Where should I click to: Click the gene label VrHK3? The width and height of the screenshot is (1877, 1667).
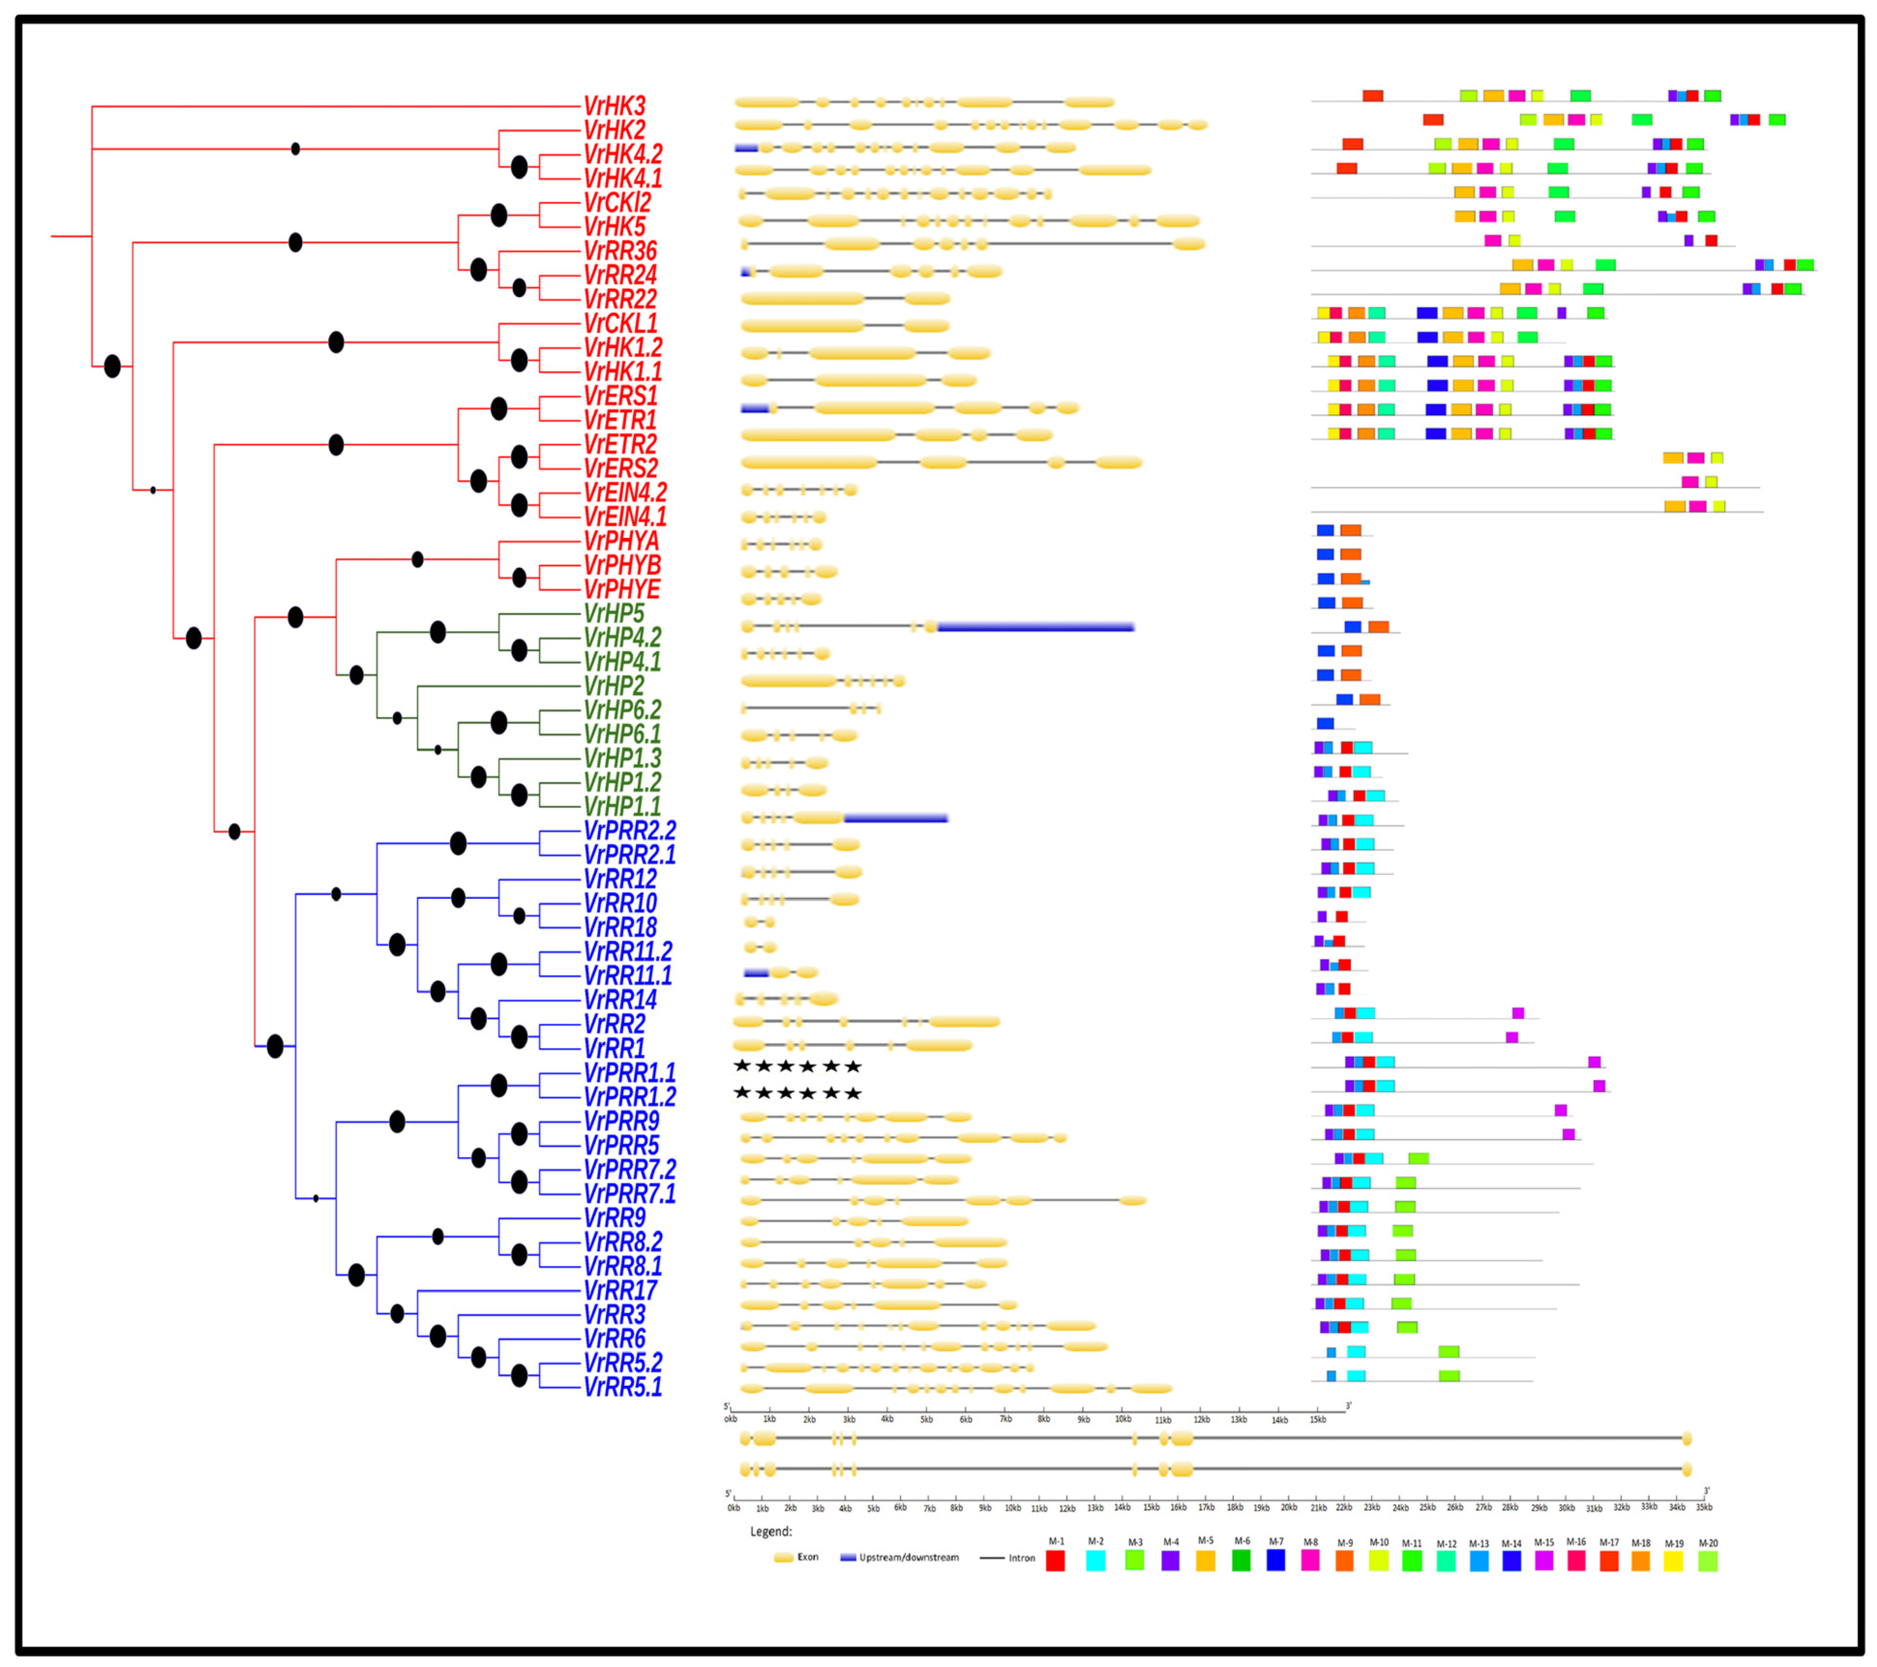point(614,106)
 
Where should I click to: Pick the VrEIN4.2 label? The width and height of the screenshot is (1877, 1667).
point(626,493)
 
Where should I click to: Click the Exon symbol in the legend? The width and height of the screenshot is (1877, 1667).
point(783,1558)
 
